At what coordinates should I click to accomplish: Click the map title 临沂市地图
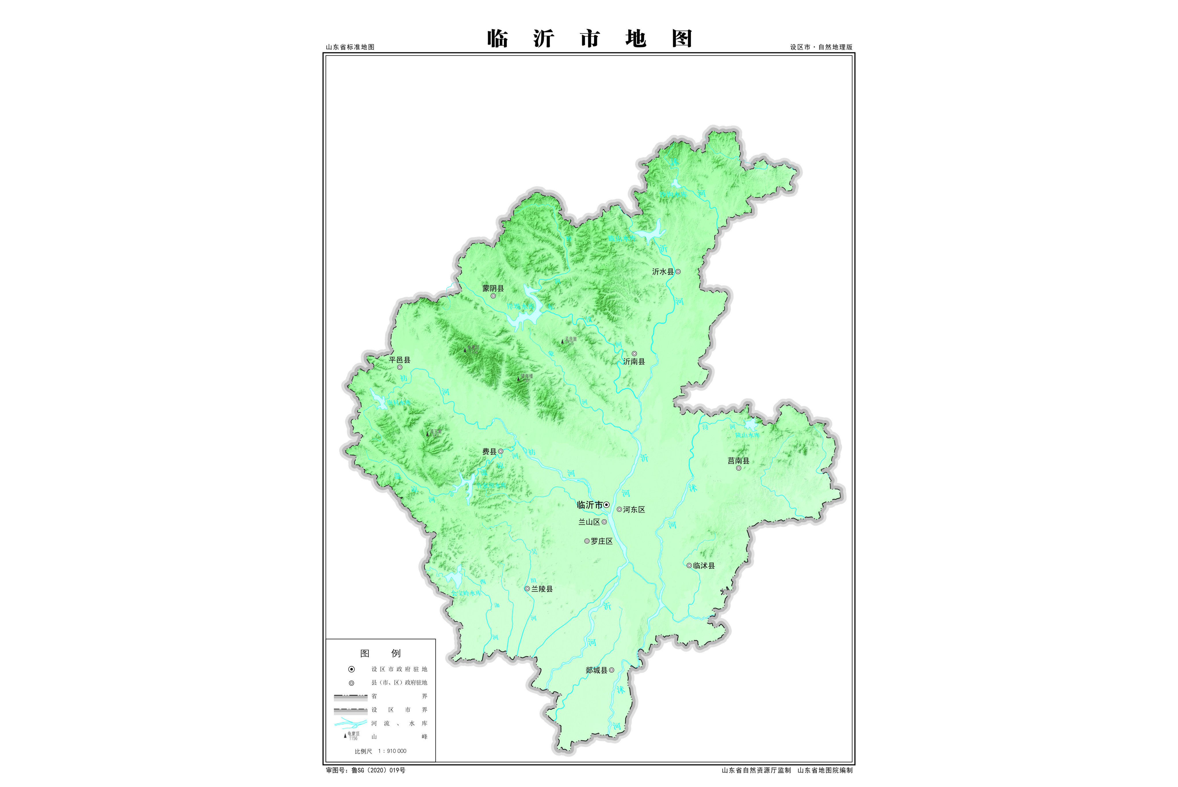click(589, 39)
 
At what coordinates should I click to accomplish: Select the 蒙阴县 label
click(493, 288)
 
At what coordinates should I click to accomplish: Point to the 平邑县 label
click(399, 360)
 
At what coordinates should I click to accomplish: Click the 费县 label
click(489, 452)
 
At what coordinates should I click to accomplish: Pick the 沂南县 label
click(634, 361)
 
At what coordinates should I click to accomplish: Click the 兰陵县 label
click(542, 589)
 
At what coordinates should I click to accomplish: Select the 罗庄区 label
click(602, 541)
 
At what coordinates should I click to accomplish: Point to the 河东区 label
click(634, 509)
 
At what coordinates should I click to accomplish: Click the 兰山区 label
click(589, 522)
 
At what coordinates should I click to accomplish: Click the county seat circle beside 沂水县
click(678, 272)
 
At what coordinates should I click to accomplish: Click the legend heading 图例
click(380, 653)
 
